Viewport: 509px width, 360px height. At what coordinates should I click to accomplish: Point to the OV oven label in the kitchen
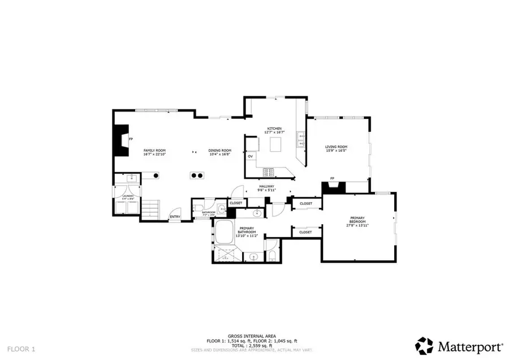pos(250,156)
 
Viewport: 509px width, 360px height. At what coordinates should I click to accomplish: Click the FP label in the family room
pos(131,139)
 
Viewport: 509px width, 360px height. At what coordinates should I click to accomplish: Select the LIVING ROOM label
pos(335,147)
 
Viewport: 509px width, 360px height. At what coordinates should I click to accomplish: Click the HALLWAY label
pos(266,186)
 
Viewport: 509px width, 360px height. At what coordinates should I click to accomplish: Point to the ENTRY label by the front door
pos(175,216)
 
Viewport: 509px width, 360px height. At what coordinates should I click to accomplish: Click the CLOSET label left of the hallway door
pos(236,202)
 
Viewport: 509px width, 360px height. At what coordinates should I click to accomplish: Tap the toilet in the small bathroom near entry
pos(200,211)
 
